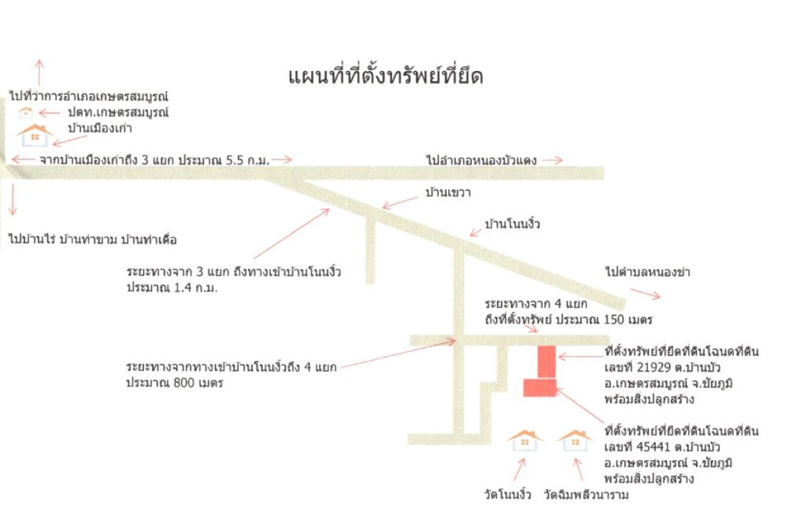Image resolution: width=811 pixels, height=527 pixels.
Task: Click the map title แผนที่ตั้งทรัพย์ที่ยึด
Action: tap(386, 77)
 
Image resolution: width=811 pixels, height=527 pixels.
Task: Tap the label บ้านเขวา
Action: tap(448, 193)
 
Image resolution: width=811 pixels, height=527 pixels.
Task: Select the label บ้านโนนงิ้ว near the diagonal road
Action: tap(512, 224)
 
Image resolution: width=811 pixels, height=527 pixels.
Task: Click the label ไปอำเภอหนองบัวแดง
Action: tap(481, 160)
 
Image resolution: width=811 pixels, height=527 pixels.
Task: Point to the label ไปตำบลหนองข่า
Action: tap(647, 272)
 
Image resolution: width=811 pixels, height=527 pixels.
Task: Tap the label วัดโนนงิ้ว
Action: tap(508, 495)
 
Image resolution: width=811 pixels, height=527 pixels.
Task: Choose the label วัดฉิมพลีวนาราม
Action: tap(586, 495)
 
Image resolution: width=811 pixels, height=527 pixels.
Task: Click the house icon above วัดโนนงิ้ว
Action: tap(525, 441)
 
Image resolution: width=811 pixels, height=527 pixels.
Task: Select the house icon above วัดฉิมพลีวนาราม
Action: tap(575, 441)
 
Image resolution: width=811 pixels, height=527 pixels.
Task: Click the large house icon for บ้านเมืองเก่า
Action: tap(34, 135)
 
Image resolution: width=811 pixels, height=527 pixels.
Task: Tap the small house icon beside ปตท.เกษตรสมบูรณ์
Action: tap(26, 113)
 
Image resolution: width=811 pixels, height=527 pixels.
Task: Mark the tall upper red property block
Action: tap(547, 362)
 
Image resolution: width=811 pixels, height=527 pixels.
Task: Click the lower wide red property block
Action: tap(540, 388)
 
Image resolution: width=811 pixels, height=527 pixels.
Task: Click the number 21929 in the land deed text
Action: tap(654, 368)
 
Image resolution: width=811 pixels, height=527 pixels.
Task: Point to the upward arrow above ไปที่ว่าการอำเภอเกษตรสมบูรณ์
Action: tap(39, 73)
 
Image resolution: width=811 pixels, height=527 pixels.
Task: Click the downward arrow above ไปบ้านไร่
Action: tap(13, 199)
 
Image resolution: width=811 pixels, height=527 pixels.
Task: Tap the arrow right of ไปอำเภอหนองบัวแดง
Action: tap(552, 160)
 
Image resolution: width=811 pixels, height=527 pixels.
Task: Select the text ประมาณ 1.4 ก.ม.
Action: tap(172, 288)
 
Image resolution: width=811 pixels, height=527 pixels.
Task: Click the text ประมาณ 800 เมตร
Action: tap(175, 382)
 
